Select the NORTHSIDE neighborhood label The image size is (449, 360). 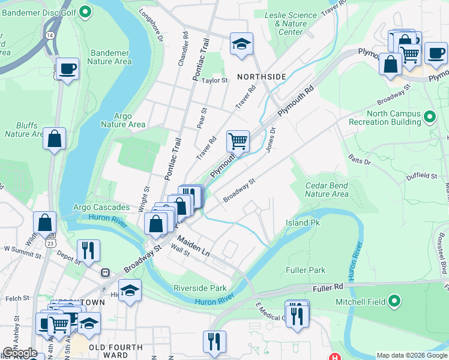click(261, 77)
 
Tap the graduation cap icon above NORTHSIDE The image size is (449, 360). click(241, 43)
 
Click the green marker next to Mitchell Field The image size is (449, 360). click(394, 301)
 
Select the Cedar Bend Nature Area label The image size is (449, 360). click(327, 190)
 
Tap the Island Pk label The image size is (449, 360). click(303, 223)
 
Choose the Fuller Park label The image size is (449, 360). click(308, 271)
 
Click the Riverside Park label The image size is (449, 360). click(200, 288)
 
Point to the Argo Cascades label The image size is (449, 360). click(101, 208)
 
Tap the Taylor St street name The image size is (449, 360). click(215, 80)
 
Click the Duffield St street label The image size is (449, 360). click(421, 176)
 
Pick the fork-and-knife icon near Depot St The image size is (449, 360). click(88, 250)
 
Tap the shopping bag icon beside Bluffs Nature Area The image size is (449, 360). click(55, 139)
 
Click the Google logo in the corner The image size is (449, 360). click(19, 353)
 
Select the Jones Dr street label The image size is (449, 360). click(270, 139)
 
